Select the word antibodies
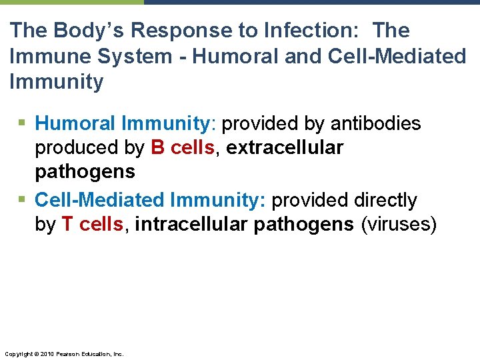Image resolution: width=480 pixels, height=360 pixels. [x=375, y=123]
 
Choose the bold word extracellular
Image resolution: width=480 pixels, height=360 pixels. [x=285, y=147]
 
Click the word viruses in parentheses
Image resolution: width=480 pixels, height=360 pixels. [x=398, y=225]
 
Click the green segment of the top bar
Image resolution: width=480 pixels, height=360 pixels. [x=71, y=2]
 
